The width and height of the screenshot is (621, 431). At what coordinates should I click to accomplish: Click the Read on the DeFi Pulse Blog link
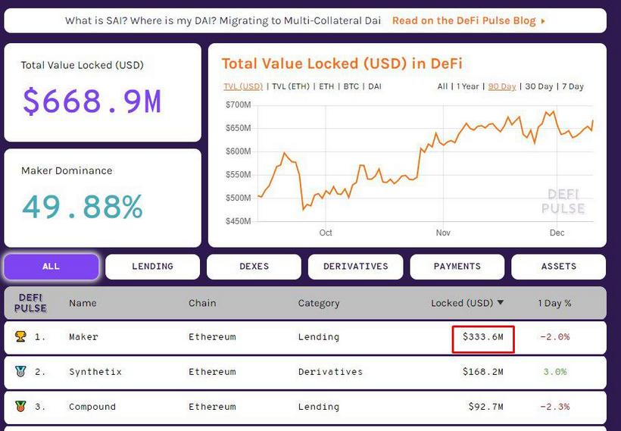click(468, 20)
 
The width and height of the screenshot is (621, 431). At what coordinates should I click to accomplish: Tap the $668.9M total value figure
click(92, 101)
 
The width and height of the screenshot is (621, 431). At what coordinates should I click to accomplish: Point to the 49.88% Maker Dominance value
click(82, 207)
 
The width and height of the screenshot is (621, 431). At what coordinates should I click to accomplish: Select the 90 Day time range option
click(502, 86)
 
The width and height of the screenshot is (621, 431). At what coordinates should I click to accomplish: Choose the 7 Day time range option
click(572, 86)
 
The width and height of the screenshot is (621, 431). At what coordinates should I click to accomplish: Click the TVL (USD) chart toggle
click(243, 86)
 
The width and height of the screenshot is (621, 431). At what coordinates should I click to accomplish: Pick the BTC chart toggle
click(351, 86)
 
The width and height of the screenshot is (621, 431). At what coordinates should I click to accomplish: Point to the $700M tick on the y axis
click(238, 105)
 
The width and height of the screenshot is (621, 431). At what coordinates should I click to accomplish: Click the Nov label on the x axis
click(443, 233)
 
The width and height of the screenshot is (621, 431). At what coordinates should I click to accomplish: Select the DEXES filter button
click(254, 267)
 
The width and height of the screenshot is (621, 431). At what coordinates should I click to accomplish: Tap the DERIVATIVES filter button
click(355, 267)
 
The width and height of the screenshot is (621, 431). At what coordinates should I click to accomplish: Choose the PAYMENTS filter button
click(457, 267)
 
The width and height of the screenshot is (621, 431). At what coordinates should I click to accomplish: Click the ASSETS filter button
click(559, 267)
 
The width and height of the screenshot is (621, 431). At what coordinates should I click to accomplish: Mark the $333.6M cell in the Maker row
click(483, 337)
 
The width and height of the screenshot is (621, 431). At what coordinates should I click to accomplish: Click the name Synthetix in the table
click(95, 372)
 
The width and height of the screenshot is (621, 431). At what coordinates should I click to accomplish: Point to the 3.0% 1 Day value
click(554, 372)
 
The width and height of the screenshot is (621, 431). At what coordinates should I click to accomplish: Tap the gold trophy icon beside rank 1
click(20, 336)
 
